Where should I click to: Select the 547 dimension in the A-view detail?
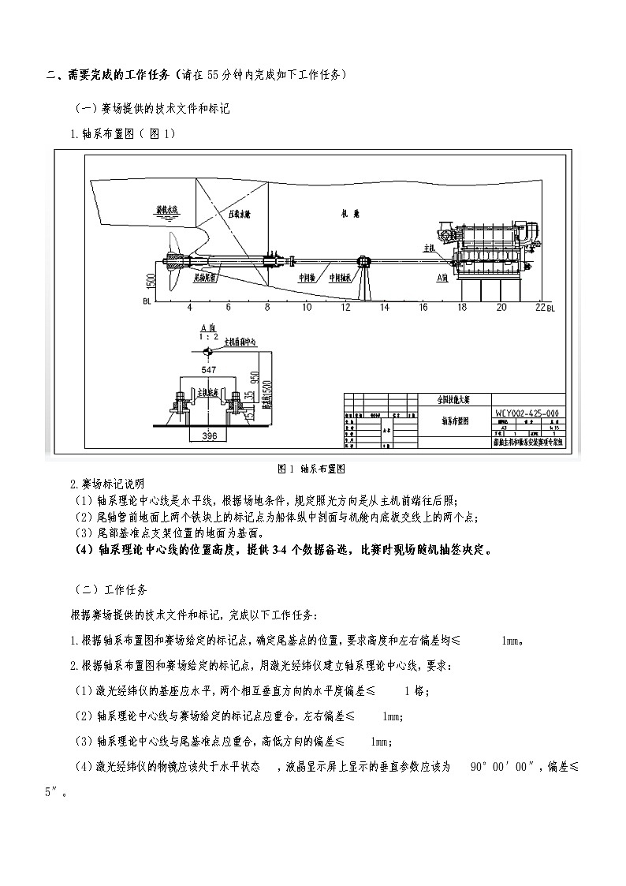coord(208,370)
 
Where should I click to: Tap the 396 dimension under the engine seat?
coord(208,436)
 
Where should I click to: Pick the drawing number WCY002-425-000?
coord(527,413)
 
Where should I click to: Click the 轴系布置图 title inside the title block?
coord(455,421)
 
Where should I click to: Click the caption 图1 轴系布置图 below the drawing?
coord(312,468)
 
